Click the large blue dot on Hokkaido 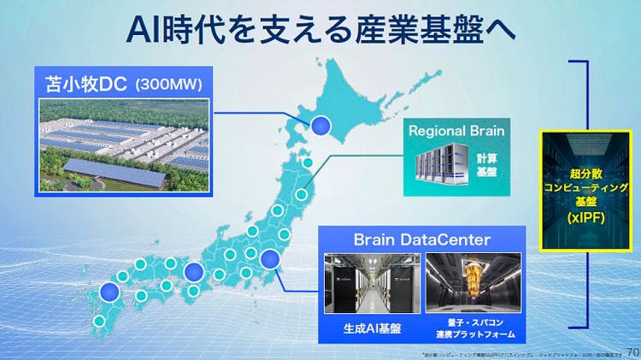click(x=320, y=127)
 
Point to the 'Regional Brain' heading click(x=456, y=132)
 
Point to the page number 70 click(x=632, y=351)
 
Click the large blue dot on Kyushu click(x=108, y=292)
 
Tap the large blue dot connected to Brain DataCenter click(x=268, y=258)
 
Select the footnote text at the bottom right click(x=521, y=354)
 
